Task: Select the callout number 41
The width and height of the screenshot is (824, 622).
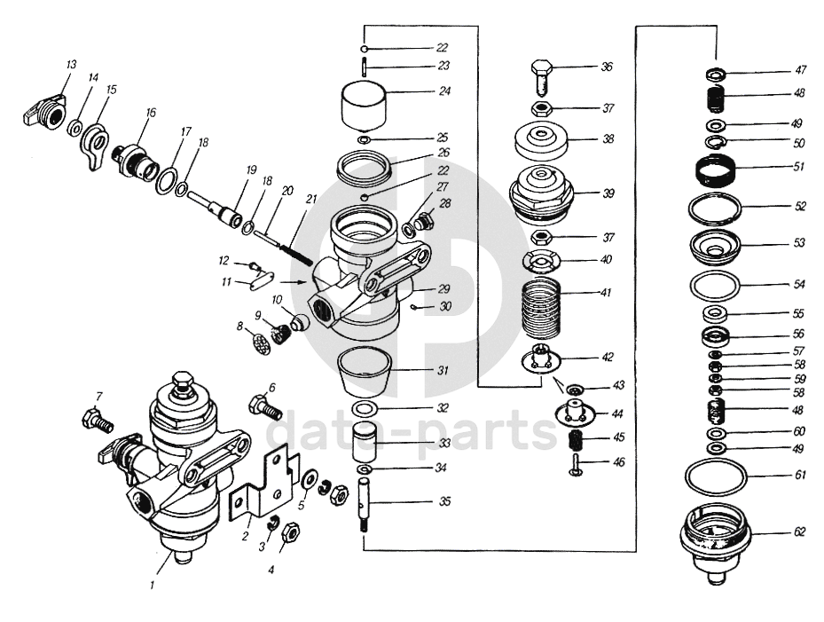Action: (606, 291)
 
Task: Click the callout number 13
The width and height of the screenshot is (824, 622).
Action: (71, 65)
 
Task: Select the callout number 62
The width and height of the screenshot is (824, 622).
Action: (799, 533)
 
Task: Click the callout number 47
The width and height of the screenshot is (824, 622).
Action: (800, 69)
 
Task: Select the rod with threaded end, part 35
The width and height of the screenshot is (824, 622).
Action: (365, 507)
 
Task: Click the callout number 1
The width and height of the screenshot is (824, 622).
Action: (152, 585)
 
